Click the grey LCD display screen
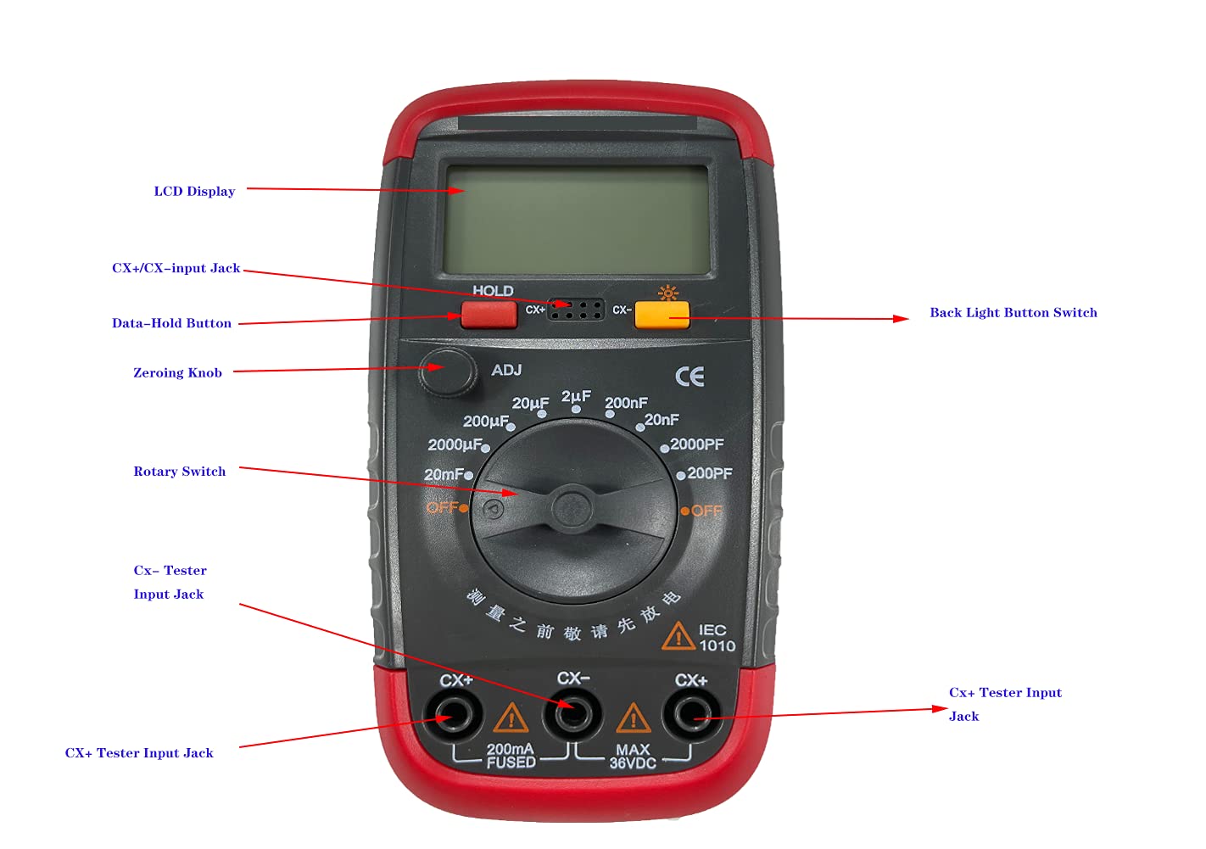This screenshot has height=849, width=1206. (578, 219)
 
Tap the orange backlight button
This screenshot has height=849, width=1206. (662, 315)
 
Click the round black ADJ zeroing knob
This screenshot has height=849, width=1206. (447, 371)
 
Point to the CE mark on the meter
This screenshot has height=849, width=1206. (690, 377)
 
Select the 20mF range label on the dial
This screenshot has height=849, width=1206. (444, 474)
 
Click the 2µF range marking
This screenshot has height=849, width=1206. (576, 396)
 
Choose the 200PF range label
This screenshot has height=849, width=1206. (709, 473)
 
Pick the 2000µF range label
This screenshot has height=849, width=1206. (455, 444)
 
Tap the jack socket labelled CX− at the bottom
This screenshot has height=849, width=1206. (572, 714)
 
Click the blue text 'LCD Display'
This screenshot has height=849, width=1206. (194, 192)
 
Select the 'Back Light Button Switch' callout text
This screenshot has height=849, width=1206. (1013, 313)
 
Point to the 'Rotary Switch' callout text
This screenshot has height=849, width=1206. (180, 472)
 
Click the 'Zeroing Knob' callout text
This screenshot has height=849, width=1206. (177, 373)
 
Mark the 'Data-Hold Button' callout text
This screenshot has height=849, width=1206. (171, 323)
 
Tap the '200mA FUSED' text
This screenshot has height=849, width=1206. (511, 756)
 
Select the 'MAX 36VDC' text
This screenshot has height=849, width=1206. (633, 757)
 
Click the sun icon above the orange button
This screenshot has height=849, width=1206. (668, 293)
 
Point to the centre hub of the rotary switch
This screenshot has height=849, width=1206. (572, 510)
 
